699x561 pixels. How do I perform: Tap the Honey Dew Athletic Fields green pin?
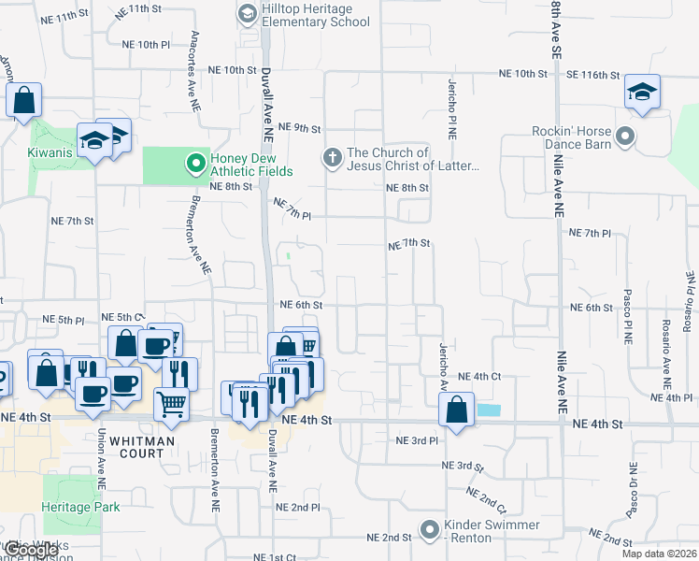coord(195,165)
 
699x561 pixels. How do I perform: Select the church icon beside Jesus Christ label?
coord(332,158)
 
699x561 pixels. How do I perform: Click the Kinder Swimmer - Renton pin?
coord(429,530)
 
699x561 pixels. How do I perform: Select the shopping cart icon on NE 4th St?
coord(171,404)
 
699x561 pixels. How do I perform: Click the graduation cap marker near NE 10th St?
coord(642,92)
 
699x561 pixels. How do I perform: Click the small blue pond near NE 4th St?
coord(488,410)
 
